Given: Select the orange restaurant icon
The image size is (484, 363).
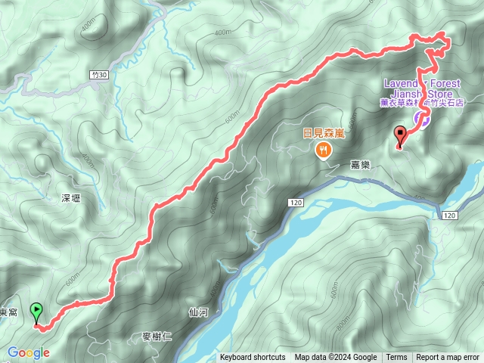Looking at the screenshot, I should click(324, 150).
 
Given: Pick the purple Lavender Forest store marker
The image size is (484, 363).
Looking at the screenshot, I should click(423, 119).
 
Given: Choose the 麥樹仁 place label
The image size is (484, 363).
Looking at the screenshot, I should click(158, 337).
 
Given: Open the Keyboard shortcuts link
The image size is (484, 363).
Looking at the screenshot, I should click(253, 358).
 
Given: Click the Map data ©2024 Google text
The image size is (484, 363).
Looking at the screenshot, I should click(336, 358).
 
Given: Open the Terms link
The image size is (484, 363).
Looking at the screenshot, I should click(396, 358).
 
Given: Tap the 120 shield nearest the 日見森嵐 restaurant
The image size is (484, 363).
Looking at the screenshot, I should click(295, 203).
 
